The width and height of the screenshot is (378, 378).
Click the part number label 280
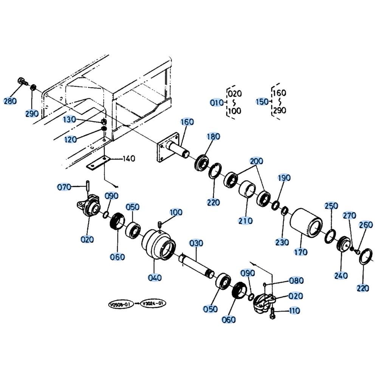(10, 101)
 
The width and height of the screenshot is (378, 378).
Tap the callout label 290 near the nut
(32, 113)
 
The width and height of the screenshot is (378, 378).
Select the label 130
(70, 119)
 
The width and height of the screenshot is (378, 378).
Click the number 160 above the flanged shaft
(187, 122)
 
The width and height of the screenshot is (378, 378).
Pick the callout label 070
(64, 187)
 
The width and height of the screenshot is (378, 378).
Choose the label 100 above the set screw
(176, 212)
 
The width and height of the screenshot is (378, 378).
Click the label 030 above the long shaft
(196, 243)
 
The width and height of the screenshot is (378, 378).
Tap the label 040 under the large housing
(155, 278)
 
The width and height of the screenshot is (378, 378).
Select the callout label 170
(301, 252)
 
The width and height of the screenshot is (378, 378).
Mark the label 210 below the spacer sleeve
(245, 221)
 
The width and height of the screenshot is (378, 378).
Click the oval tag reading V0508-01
(121, 304)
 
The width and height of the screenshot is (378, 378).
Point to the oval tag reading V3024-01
(153, 304)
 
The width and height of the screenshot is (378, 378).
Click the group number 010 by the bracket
(217, 103)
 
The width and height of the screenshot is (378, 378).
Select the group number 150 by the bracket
(262, 102)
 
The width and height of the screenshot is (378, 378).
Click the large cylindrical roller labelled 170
(306, 222)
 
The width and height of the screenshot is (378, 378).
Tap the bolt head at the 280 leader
(21, 81)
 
